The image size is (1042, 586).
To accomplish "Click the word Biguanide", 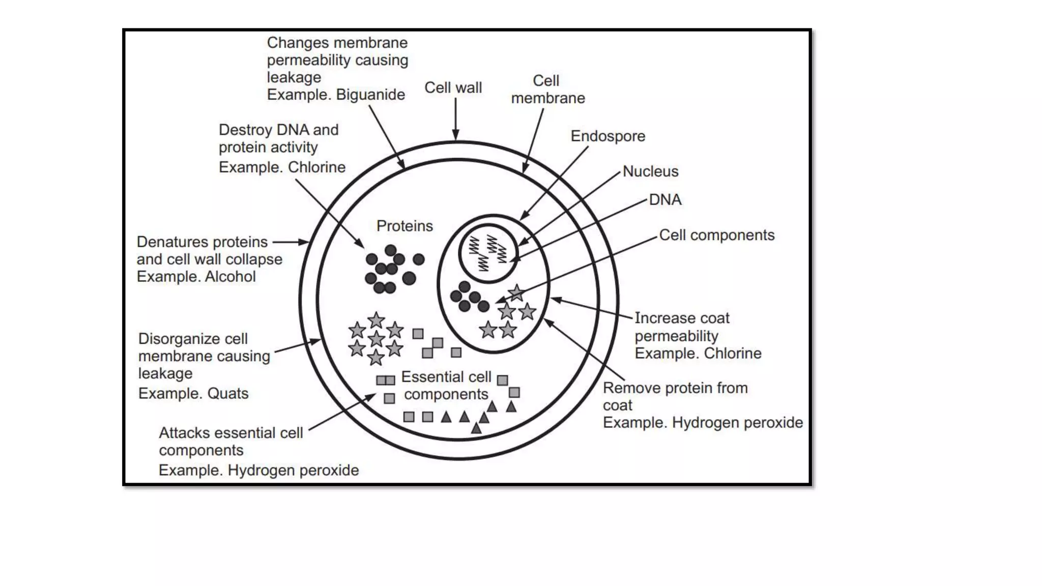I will click(370, 95).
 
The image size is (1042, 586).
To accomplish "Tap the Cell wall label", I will click(453, 87).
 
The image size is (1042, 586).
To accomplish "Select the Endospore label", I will click(607, 136).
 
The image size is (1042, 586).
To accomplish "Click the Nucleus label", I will click(650, 171).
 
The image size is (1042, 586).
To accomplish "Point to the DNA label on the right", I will click(665, 199).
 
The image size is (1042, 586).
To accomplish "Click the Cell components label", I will click(716, 235).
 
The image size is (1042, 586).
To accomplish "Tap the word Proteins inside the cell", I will click(404, 226).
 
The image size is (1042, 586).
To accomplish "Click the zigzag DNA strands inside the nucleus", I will click(487, 253).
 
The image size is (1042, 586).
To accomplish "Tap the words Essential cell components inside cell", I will click(446, 386).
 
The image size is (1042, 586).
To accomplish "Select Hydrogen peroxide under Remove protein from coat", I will click(737, 423).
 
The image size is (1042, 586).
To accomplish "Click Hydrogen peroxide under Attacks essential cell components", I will click(293, 471).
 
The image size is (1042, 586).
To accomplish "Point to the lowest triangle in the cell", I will click(476, 429).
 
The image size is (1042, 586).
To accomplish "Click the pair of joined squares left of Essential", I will click(386, 380).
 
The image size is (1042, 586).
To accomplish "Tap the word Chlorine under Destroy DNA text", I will click(316, 167).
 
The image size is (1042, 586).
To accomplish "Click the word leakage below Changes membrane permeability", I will click(294, 77).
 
